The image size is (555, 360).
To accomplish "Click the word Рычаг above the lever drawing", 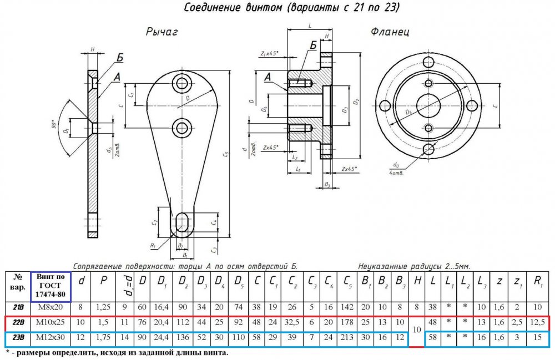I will (x=162, y=33).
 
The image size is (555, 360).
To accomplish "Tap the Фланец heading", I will (x=391, y=32).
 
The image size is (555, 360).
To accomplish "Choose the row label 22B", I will (x=18, y=322).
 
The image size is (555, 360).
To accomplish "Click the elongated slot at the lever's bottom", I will (x=180, y=224).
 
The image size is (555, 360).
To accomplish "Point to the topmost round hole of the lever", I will (x=181, y=84).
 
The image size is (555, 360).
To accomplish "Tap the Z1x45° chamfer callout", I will (x=269, y=53).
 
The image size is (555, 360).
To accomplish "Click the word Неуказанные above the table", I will (x=383, y=266).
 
